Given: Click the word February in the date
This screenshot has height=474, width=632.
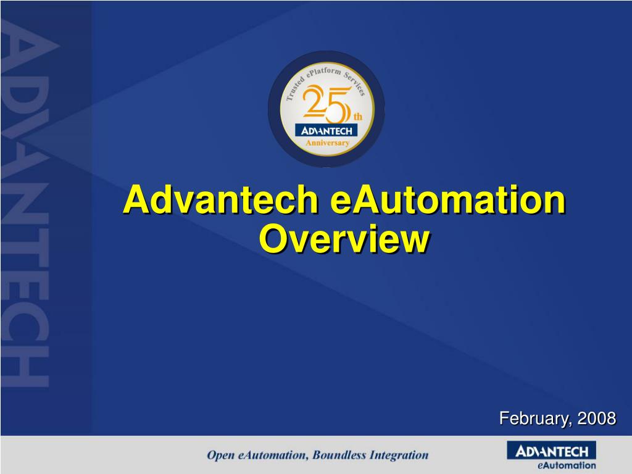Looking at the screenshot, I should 534,418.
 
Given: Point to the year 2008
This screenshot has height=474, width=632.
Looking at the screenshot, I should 597,418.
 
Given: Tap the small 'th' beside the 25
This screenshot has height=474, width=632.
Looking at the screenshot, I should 357,117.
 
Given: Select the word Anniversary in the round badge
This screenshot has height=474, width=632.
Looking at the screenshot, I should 328,143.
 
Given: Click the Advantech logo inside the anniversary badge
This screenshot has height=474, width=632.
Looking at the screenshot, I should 326,130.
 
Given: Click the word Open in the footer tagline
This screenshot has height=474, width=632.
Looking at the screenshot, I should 220,455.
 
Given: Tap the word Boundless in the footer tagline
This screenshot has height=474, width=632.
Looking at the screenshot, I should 339,455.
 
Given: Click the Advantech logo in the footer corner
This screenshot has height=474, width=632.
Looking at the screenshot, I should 551,451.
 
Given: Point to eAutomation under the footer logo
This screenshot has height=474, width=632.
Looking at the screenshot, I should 567,465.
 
